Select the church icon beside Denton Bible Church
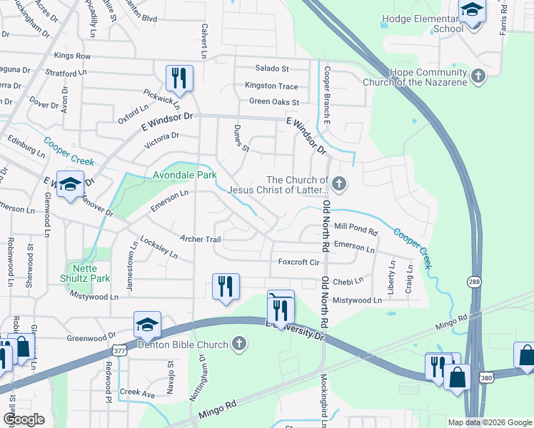[x=240, y=345]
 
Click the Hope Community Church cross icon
[x=478, y=75]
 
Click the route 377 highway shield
[x=119, y=350]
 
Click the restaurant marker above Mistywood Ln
[x=226, y=286]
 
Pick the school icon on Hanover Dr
[x=70, y=185]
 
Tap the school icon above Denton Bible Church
[x=147, y=325]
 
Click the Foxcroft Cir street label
[x=298, y=263]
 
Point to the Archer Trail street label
[x=201, y=239]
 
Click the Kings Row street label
[x=72, y=56]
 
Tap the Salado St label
[x=272, y=69]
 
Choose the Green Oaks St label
[x=273, y=102]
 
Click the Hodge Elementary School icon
[x=472, y=11]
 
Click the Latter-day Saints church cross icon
[x=339, y=184]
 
